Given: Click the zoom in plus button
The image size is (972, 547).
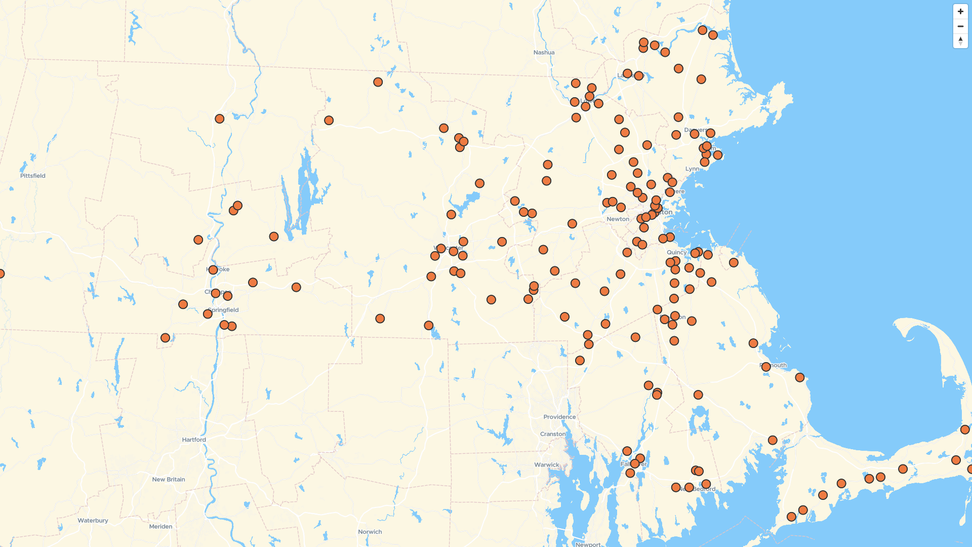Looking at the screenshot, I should (960, 12).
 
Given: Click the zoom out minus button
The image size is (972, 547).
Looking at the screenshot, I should (960, 26).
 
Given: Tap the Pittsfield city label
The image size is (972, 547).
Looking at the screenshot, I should (33, 176).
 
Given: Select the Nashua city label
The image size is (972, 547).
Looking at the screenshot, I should (544, 53).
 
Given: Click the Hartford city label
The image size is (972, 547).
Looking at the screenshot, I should (194, 440).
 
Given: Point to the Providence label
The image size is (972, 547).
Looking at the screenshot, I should (559, 417).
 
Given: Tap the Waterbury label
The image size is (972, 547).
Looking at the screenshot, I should (93, 520).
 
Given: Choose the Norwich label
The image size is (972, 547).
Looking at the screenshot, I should (370, 532).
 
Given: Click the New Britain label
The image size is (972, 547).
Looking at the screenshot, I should (169, 479).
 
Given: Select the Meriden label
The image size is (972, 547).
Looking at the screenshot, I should (160, 526).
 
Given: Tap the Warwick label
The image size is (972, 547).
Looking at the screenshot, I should (546, 464).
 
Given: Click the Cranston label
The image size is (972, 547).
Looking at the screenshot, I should (552, 434).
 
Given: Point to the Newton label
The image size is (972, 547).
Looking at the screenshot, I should (618, 219).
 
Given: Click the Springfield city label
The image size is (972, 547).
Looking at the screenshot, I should (223, 310).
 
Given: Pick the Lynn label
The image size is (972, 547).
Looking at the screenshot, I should (692, 169).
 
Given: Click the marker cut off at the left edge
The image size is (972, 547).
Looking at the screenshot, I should (1, 273).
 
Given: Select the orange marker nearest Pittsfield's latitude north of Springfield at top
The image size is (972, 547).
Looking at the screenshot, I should (219, 119).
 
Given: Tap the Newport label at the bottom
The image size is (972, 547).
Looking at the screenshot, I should (588, 544).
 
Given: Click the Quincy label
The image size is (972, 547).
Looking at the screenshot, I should (676, 252).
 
